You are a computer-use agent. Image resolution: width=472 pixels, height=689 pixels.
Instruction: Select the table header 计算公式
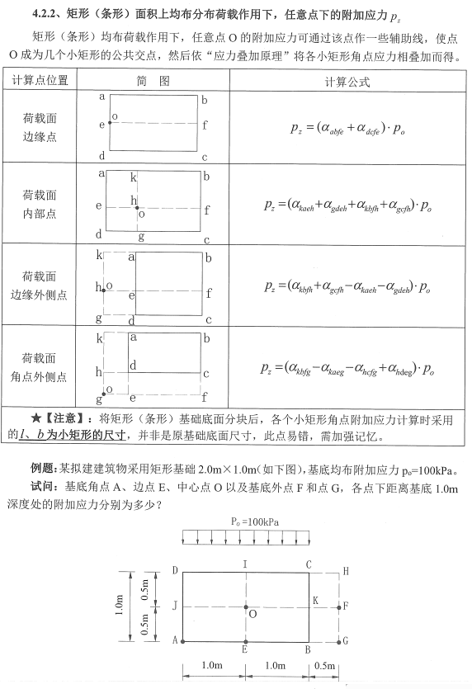tap(349, 82)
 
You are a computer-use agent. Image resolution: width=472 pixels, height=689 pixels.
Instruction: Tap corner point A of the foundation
tap(182, 640)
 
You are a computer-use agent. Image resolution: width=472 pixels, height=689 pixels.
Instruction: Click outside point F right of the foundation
tap(340, 606)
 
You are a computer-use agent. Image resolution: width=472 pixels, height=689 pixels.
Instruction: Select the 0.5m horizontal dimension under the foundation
tap(325, 665)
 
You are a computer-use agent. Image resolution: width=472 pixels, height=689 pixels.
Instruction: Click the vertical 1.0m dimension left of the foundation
tap(120, 605)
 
